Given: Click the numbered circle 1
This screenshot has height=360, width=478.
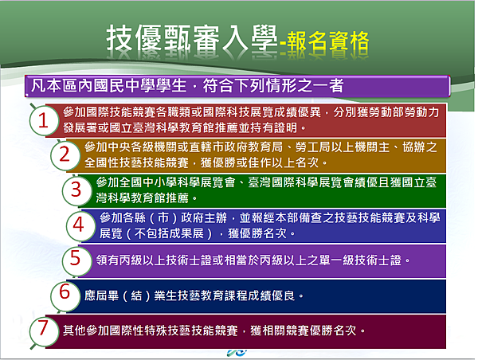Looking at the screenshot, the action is [x=44, y=120].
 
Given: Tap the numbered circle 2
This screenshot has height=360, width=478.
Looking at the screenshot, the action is [x=65, y=155].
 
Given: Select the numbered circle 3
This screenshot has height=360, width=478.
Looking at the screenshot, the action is [x=76, y=190].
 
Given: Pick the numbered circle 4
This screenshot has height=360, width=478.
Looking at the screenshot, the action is [x=79, y=225].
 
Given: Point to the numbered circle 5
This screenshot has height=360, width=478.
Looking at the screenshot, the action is [x=76, y=260].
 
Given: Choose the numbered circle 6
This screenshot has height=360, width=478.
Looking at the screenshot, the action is [x=65, y=295].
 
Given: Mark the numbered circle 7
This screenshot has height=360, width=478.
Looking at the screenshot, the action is [x=44, y=331].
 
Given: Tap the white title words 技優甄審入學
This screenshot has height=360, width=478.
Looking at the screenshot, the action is [x=191, y=38].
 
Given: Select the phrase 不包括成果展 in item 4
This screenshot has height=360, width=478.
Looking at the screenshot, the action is [x=169, y=233].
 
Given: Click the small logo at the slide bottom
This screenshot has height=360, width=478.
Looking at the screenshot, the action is [x=237, y=353].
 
